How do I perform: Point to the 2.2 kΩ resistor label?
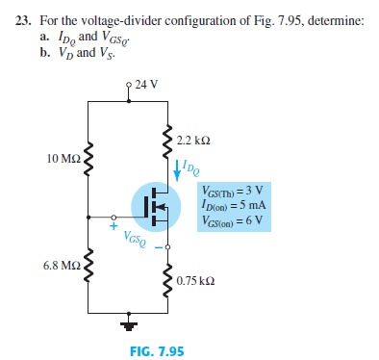coord(194,141)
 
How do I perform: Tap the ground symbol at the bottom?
coord(128,323)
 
